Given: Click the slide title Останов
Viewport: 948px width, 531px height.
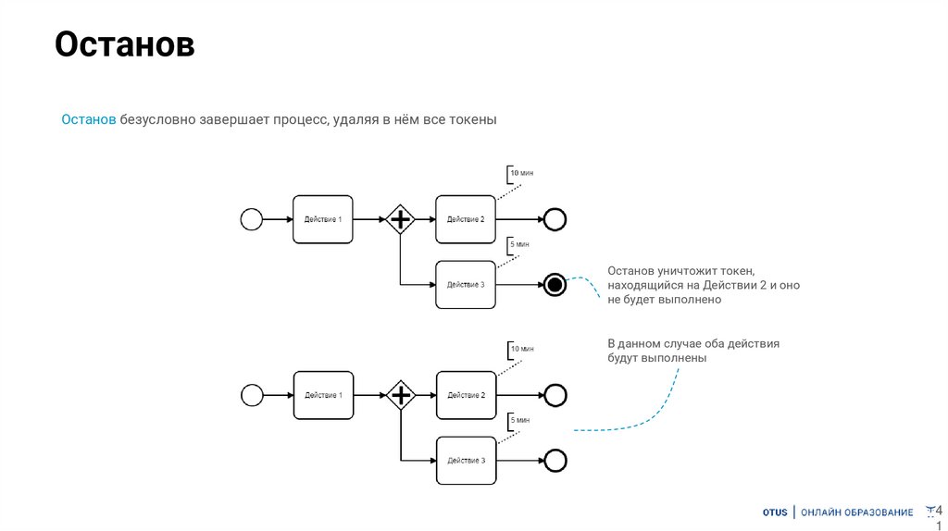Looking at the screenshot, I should pos(124,45).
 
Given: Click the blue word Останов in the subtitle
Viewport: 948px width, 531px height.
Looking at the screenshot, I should pos(89,120).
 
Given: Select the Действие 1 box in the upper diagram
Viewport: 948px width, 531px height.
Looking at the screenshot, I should pos(323,219).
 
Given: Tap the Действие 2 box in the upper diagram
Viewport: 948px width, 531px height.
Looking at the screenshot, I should pos(466,219).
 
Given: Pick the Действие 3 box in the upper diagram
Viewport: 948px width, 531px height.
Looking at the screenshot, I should pos(466,284).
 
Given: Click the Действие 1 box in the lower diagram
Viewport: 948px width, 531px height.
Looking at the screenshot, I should pos(323,395).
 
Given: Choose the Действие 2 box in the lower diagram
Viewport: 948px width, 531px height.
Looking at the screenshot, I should pos(466,395).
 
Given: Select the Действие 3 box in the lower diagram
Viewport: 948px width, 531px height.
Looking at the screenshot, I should pos(466,460).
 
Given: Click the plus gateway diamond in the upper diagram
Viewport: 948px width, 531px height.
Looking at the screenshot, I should pos(400,219).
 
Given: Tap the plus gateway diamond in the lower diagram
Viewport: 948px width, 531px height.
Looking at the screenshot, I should pos(400,395).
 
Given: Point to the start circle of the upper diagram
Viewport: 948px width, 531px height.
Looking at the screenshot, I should pos(252,219).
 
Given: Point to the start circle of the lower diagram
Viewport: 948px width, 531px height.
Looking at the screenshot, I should pos(252,395).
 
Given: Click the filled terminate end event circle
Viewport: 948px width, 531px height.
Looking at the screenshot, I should pos(555,284).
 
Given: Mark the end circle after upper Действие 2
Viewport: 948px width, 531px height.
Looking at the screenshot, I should pos(555,219).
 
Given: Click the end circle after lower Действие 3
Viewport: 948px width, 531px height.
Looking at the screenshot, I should pos(555,460).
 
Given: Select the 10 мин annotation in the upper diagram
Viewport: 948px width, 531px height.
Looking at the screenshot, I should pos(521,173).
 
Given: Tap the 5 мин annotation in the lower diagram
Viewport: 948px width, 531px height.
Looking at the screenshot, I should pos(518,420).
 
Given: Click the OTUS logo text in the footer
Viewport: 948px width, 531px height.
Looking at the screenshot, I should pos(775,512).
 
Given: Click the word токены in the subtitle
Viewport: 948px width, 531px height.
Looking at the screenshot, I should pos(473,120).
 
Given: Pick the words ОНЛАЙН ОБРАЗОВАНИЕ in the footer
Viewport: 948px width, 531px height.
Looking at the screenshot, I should pos(856,512).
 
